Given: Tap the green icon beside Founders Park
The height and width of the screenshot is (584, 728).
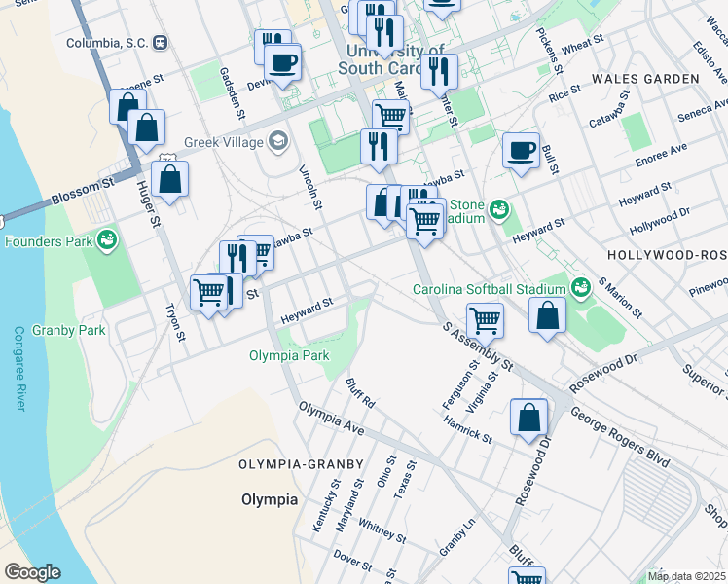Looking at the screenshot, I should (106, 239).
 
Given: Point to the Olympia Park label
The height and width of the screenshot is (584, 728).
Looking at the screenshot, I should (288, 355).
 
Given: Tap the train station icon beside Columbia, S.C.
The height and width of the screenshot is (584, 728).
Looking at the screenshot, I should (160, 43).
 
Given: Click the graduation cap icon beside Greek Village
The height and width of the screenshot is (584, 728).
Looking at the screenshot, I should (278, 142).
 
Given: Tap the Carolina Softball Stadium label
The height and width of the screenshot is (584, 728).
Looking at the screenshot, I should (489, 289).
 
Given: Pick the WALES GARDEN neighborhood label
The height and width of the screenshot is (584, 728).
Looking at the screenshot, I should (652, 78).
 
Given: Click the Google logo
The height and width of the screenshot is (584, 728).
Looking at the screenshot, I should (32, 572).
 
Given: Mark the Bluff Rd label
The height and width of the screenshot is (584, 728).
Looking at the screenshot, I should (359, 391).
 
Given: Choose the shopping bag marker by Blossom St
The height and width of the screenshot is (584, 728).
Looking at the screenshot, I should (169, 180).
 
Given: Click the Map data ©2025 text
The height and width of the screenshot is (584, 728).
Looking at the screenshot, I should (686, 576).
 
